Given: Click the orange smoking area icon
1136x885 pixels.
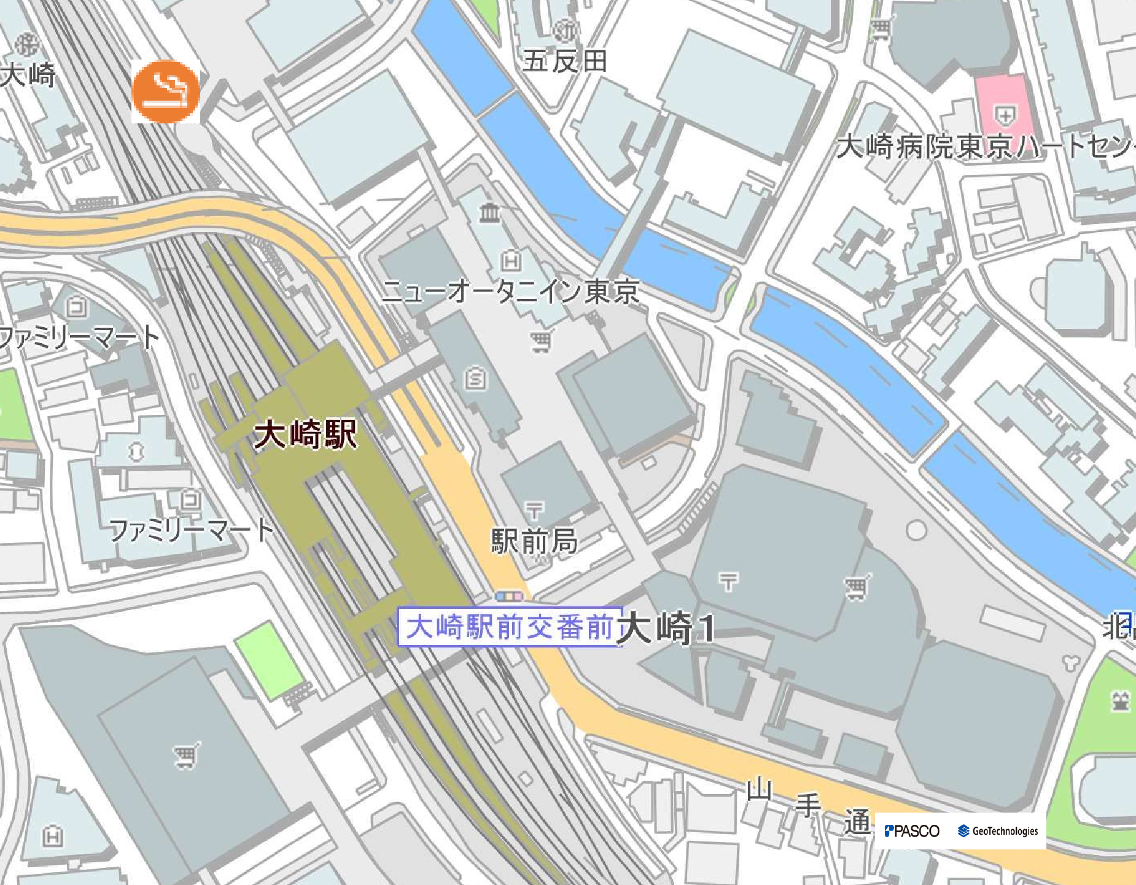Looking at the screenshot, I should coord(166,92).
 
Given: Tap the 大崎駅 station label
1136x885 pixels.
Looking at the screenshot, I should coord(305,435).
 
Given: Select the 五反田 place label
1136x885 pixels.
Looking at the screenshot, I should coord(565,61).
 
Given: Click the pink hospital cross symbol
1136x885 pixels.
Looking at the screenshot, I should coord(1005,114).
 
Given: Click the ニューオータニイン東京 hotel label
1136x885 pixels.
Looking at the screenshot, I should coord(510,291).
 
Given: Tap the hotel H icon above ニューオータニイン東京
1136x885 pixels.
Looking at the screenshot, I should coord(511,261).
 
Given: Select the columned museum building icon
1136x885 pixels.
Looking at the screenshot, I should coord(490,213).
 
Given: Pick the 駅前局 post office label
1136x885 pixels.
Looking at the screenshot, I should coord(534,541).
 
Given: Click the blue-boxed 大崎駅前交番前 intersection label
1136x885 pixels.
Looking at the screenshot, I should coord(510,627).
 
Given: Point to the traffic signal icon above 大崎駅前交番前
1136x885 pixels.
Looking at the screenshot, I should coord(510,596).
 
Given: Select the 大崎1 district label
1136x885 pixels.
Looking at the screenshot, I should coord(666,628).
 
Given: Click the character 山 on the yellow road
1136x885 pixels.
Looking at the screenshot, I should coord(760,789).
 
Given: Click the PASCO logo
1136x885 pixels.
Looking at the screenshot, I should coord(912,831).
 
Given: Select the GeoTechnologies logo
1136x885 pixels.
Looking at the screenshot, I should coord(998,831).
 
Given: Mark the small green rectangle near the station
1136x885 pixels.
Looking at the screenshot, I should coord(269,660).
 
